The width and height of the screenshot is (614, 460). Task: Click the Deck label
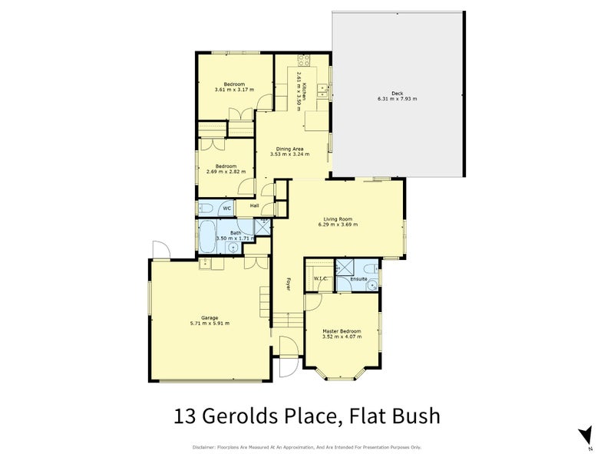(397, 94)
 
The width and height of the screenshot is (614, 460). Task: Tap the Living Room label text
(338, 219)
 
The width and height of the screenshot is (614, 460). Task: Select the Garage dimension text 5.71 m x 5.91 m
(210, 323)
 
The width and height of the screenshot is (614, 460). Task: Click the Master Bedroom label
(342, 330)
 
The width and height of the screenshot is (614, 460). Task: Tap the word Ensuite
(358, 279)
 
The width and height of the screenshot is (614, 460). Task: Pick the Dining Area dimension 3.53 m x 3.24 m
(289, 154)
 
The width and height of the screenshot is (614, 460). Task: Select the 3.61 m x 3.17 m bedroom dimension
(234, 90)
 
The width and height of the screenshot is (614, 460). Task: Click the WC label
(226, 208)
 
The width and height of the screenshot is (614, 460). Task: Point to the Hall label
(254, 205)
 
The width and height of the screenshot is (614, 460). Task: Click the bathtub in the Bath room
(207, 236)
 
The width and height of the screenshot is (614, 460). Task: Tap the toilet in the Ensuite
(371, 269)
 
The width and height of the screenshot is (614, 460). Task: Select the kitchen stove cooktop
(302, 60)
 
